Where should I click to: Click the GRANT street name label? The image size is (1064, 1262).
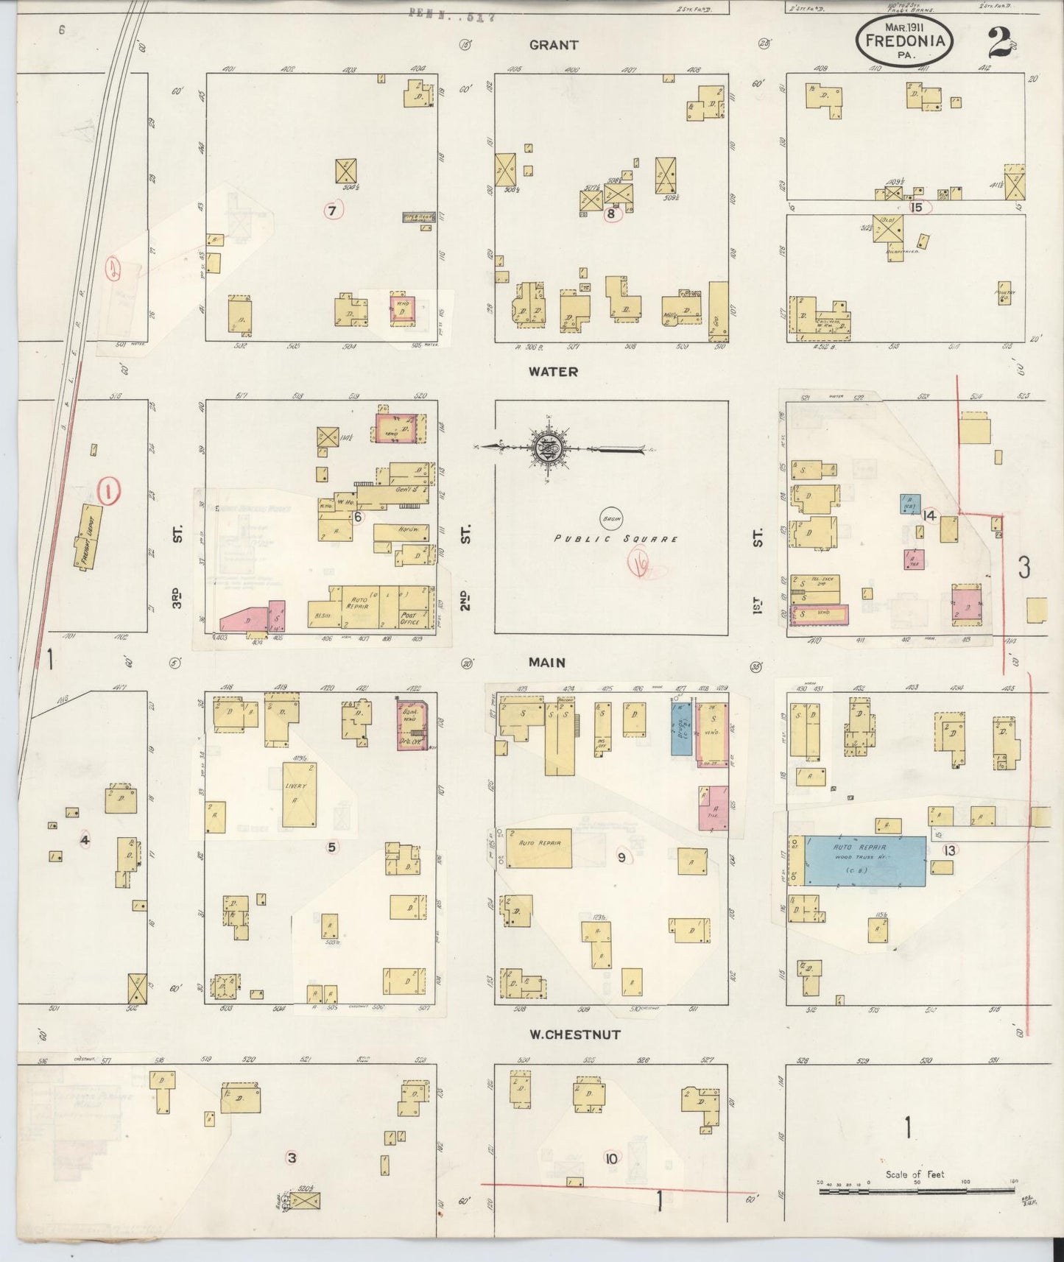pos(553,45)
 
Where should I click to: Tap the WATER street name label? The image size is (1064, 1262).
pos(553,372)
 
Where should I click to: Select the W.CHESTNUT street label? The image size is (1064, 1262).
pos(575,1034)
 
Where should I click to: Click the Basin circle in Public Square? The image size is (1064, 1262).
pos(610,518)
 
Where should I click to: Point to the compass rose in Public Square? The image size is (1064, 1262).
pos(548,448)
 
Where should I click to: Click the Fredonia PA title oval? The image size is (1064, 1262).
pos(904,42)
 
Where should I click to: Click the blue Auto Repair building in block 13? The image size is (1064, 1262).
pos(864,861)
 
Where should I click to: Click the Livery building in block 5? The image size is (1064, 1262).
pos(300,794)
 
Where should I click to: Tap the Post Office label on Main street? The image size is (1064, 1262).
pos(409,618)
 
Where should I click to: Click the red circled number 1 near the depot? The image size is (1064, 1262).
pos(108,490)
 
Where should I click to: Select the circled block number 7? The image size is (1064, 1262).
pos(332,211)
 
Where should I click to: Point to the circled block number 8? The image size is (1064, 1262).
pos(610,214)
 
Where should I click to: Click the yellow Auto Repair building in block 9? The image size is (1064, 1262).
pos(539,847)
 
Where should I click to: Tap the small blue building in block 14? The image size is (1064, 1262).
pos(909,504)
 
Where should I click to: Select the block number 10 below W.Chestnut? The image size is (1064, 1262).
pos(611,1158)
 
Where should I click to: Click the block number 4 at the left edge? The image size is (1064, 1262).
pos(85,839)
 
